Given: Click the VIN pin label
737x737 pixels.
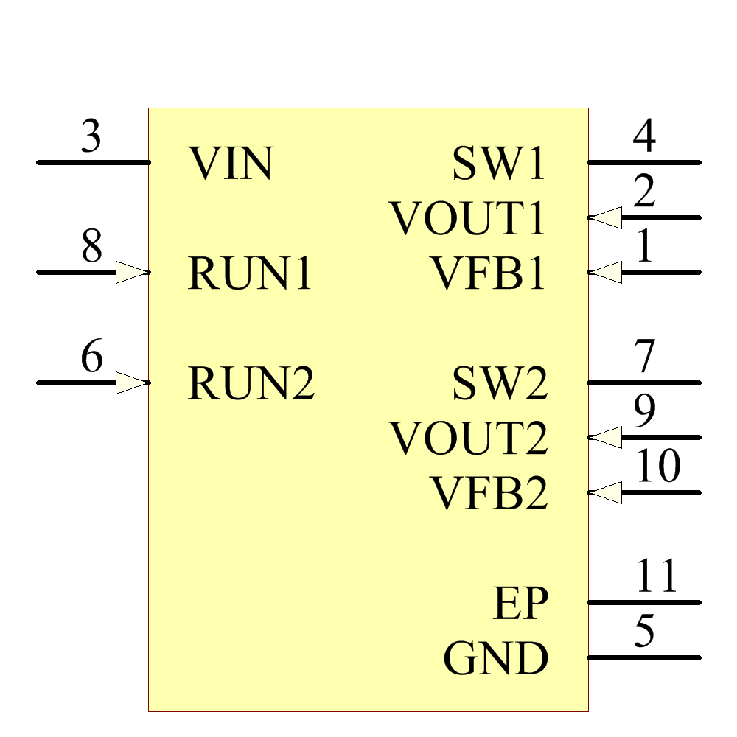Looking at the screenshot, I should (231, 164).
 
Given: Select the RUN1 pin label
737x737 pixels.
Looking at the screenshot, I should (251, 273).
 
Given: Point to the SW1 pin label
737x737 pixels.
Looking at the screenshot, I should (499, 164).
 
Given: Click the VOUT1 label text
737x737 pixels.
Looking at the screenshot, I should (468, 219).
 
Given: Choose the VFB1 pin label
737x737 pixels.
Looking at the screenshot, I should (488, 273).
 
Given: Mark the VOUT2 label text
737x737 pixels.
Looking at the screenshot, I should (469, 439).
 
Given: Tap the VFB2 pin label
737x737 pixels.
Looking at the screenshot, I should (489, 494).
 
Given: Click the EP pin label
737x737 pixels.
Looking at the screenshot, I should (520, 604).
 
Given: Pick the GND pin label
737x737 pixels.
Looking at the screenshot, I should (496, 659).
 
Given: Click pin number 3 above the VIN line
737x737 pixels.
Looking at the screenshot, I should (91, 137).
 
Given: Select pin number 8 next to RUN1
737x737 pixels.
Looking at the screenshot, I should (91, 248).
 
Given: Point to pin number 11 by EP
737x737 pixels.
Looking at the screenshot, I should (657, 577).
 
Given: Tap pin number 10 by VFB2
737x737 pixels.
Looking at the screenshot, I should (657, 467).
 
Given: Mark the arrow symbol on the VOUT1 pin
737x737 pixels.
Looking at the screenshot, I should (606, 217).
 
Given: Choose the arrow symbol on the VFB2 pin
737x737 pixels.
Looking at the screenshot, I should (606, 492).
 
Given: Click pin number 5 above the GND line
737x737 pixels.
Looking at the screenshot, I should (645, 632).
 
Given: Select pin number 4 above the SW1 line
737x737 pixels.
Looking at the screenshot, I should (645, 137).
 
